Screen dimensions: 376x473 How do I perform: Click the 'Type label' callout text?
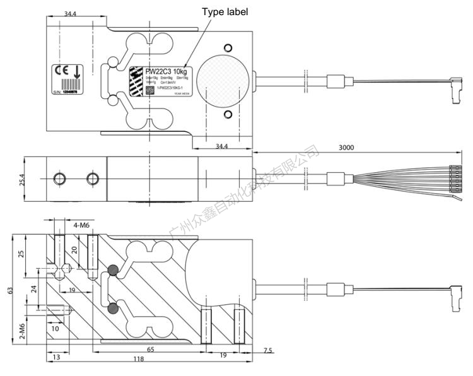225,12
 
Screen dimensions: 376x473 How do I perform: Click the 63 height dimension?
9,291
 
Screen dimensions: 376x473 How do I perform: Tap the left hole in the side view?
60,178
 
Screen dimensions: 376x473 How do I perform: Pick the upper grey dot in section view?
114,270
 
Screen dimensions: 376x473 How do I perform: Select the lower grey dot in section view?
114,308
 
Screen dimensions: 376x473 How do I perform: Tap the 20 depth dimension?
74,250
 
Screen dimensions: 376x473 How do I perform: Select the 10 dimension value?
55,329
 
